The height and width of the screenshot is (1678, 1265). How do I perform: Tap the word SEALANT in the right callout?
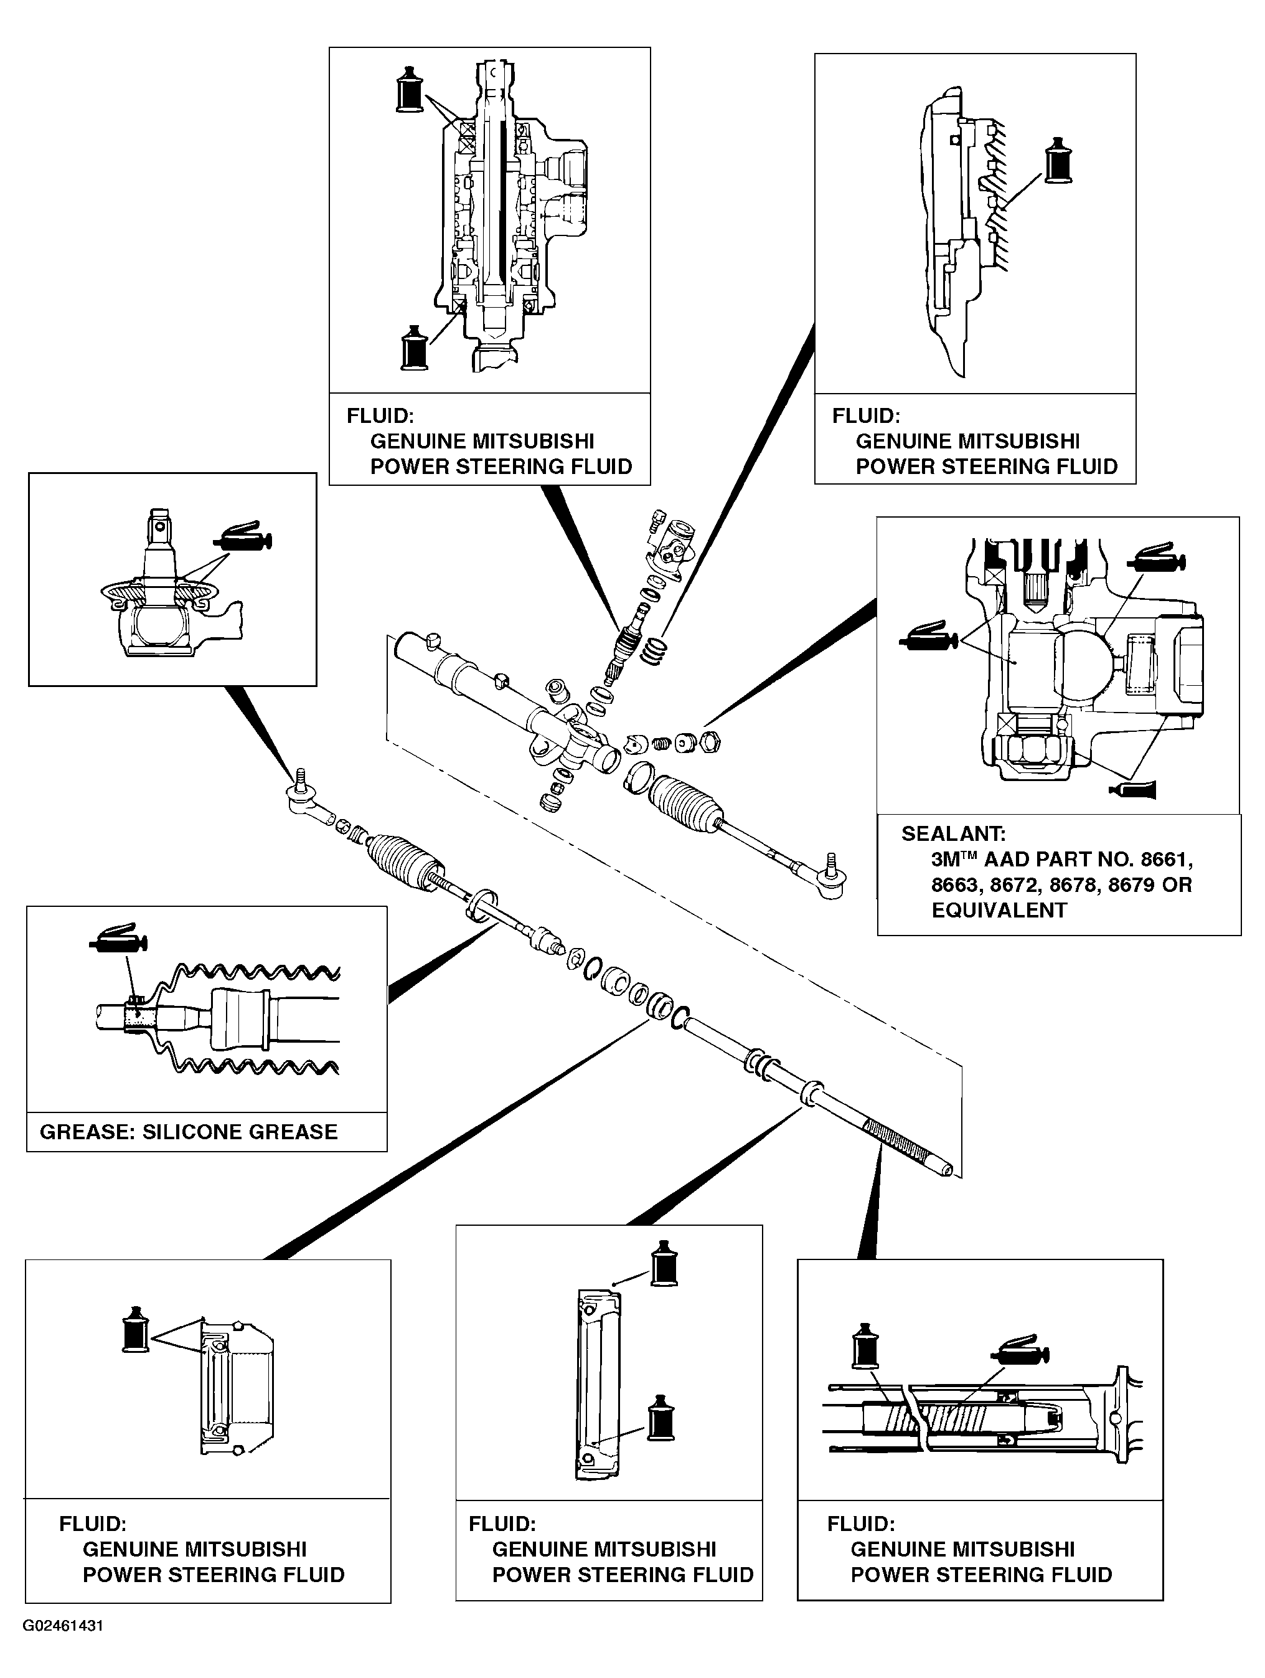pos(953,833)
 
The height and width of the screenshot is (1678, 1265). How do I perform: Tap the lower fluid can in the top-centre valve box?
pos(415,348)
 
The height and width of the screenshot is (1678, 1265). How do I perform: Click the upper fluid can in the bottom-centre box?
pos(664,1264)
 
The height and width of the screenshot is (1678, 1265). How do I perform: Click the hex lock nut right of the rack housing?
pos(710,742)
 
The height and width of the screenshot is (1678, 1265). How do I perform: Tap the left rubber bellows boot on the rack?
pos(404,860)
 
